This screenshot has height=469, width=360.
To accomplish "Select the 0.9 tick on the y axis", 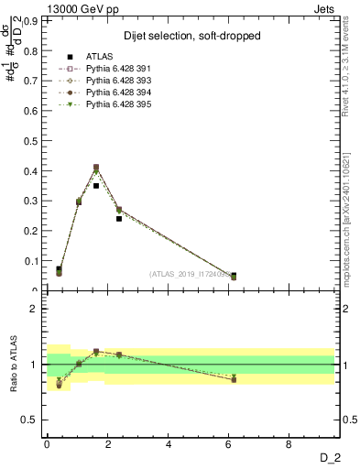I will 34,19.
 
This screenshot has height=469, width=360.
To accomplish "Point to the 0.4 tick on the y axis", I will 34,170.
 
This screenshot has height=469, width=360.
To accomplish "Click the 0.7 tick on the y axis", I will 34,80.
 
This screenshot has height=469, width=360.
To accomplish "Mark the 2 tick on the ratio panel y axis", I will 37,309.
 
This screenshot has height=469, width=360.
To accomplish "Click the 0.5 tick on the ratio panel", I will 34,420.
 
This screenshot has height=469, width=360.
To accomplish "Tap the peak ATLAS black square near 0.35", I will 96,185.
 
